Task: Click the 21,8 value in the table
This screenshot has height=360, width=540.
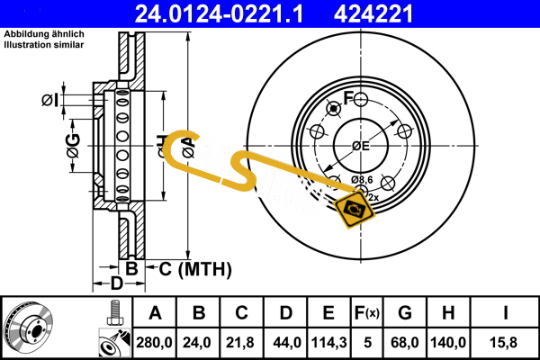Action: click(x=242, y=343)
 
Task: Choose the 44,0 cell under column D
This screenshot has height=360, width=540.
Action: click(x=285, y=343)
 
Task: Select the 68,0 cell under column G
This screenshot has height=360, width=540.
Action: click(x=405, y=343)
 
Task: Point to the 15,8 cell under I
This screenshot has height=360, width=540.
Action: click(x=507, y=343)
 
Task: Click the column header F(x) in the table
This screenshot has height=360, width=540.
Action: click(x=367, y=313)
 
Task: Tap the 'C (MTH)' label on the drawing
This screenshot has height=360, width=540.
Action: click(x=196, y=268)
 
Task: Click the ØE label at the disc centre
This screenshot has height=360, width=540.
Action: click(x=361, y=147)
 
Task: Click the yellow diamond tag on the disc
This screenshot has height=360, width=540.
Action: click(x=354, y=210)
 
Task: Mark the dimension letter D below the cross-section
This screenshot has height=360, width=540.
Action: click(x=116, y=284)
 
